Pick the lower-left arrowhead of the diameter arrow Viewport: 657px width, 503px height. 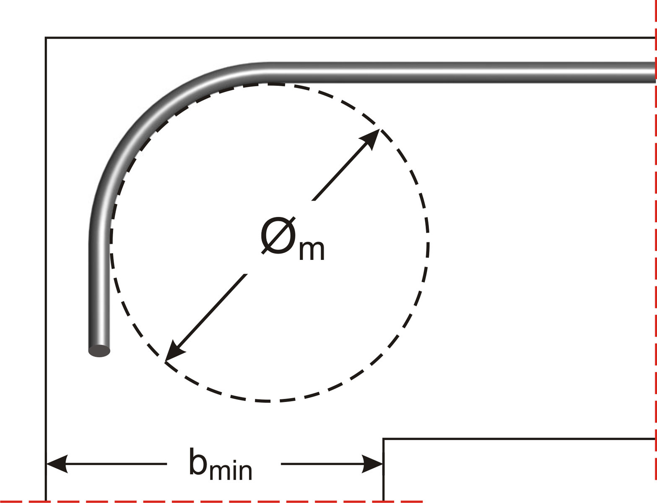174,352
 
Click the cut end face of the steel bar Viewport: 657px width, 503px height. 99,351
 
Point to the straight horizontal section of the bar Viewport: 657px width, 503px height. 462,72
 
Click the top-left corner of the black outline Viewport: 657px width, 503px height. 46,38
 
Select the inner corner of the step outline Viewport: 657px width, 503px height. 383,438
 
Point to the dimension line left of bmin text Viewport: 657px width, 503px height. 106,464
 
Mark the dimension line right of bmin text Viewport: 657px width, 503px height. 332,464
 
